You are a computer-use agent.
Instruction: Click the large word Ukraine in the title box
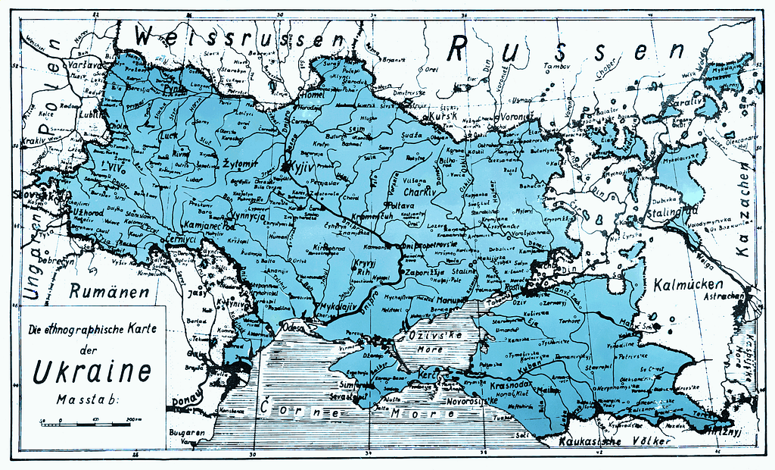point(91,371)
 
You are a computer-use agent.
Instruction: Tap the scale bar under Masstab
point(92,419)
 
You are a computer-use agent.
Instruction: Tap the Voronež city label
point(518,117)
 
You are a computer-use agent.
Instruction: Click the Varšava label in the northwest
point(85,65)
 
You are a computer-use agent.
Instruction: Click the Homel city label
point(310,95)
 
